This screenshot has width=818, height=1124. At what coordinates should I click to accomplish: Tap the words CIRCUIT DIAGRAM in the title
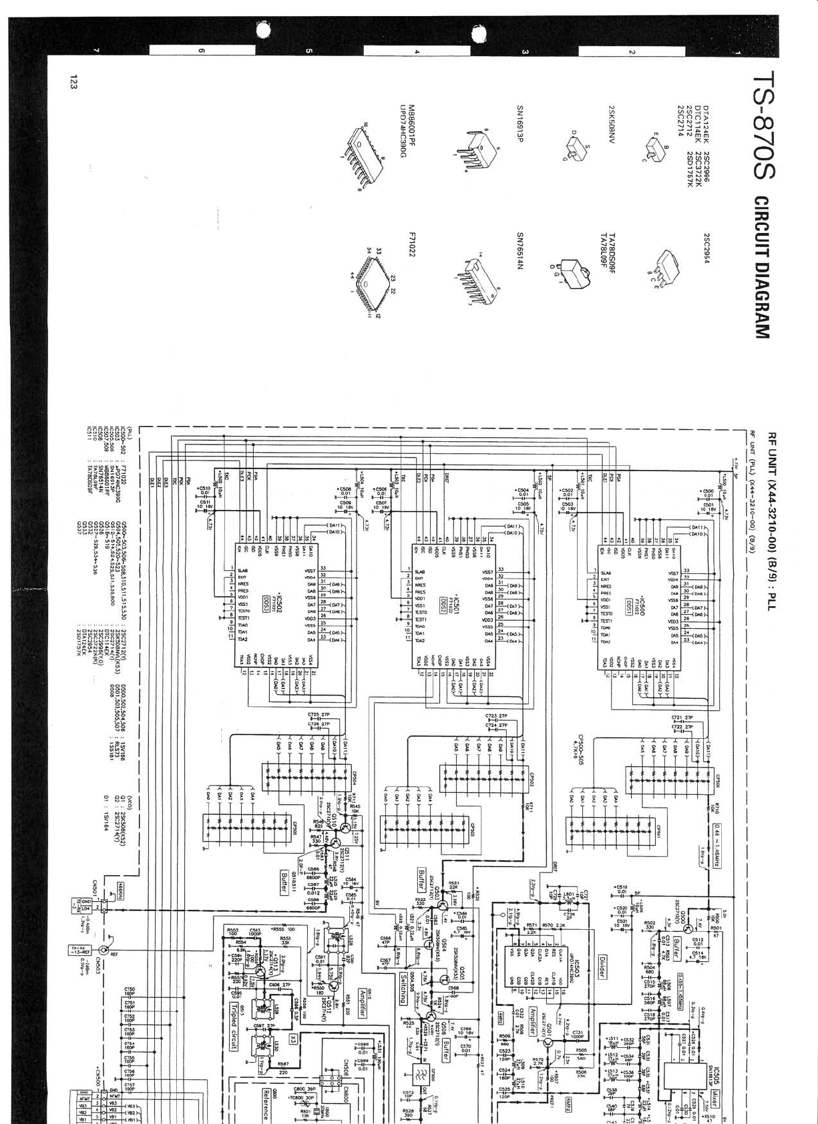[763, 267]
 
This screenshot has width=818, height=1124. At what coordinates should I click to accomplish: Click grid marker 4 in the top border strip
[417, 51]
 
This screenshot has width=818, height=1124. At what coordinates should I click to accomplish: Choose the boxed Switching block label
[404, 989]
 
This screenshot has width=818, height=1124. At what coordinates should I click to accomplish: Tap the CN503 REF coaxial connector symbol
[104, 950]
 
